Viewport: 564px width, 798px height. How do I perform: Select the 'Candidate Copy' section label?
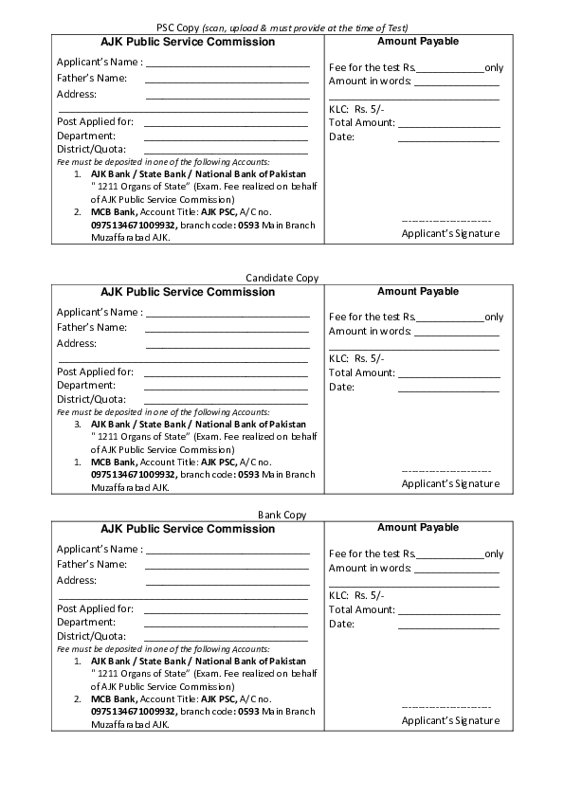click(282, 278)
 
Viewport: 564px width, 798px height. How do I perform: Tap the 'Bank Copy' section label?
click(282, 515)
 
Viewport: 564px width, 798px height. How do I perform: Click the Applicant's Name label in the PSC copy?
click(100, 62)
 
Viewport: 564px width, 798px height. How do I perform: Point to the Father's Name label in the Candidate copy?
click(92, 327)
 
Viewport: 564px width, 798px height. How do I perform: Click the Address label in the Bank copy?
click(77, 580)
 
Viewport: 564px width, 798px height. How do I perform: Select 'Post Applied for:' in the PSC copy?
click(95, 121)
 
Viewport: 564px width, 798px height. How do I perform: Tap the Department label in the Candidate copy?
click(86, 385)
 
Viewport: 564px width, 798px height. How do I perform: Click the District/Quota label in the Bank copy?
click(91, 636)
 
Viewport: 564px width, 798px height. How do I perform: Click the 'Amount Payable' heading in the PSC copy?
click(417, 42)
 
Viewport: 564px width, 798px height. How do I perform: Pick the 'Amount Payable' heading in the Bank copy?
click(417, 527)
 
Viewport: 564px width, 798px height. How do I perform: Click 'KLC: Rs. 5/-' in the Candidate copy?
click(356, 358)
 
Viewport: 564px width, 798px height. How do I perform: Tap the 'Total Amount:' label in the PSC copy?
click(361, 122)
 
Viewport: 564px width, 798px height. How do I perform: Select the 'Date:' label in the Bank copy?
click(341, 624)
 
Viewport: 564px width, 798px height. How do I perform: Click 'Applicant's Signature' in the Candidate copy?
click(450, 483)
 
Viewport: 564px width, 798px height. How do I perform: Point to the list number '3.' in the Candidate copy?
click(79, 425)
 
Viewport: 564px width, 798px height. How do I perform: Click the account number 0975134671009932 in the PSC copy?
click(133, 226)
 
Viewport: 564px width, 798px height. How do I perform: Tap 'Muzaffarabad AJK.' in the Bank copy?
click(130, 724)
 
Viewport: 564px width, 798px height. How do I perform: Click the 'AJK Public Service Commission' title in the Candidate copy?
click(188, 292)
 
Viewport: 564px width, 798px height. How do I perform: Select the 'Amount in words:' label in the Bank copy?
click(370, 568)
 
